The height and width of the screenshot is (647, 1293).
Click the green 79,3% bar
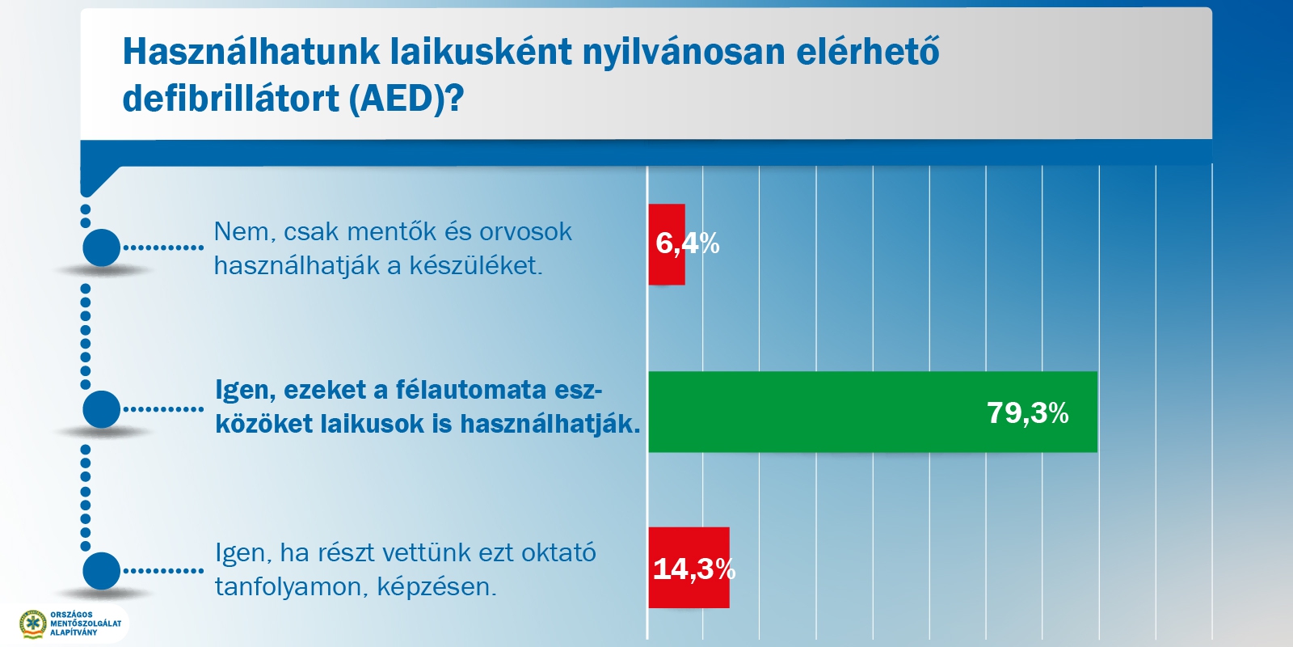[873, 412]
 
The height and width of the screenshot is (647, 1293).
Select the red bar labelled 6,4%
[667, 244]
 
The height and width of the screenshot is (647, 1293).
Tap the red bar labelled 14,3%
[689, 567]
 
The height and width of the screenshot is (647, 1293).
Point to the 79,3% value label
[1027, 413]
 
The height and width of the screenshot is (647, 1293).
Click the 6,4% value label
[688, 243]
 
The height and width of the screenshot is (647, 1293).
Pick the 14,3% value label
[694, 569]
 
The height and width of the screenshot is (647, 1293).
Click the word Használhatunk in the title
[251, 52]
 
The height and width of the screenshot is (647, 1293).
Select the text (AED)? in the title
[406, 99]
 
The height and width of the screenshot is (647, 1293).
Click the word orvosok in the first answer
[525, 232]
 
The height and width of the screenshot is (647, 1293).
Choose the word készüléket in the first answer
[476, 266]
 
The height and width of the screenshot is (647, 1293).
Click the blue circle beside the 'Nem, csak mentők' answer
[102, 247]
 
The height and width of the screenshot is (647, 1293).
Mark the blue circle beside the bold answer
[102, 409]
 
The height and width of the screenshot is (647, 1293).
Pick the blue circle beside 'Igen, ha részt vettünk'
[102, 571]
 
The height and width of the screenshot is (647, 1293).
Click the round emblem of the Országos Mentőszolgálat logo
[33, 624]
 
